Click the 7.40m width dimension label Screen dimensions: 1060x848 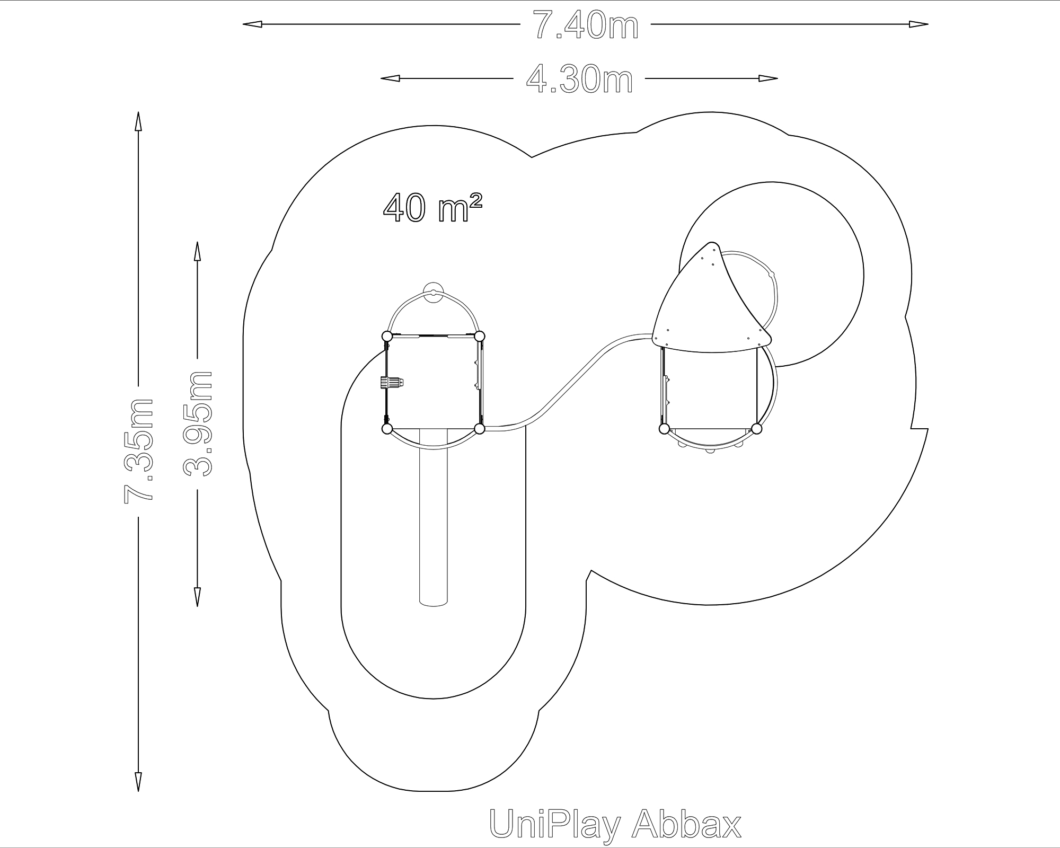pyautogui.click(x=585, y=25)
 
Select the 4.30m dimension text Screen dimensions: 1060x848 pyautogui.click(x=579, y=79)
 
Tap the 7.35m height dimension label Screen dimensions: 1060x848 pyautogui.click(x=139, y=450)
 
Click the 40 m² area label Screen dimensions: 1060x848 pyautogui.click(x=432, y=207)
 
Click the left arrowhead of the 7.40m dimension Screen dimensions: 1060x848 pyautogui.click(x=252, y=24)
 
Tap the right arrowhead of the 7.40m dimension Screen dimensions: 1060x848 pyautogui.click(x=918, y=24)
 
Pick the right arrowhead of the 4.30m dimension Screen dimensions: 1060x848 pyautogui.click(x=768, y=78)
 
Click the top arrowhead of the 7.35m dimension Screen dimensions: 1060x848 pyautogui.click(x=138, y=121)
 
